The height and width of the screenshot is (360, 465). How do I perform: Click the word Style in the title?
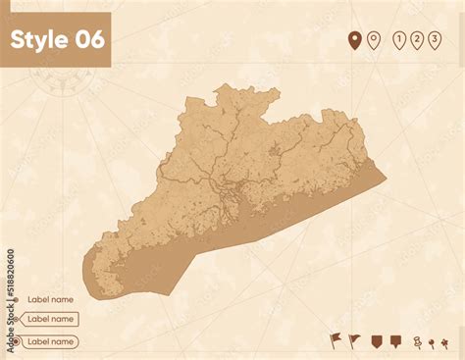(38, 39)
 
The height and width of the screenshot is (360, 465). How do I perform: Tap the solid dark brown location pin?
(355, 40)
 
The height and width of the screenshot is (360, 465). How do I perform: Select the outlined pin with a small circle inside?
(373, 40)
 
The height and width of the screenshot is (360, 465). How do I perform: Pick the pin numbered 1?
(399, 40)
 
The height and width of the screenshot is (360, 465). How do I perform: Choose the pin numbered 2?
(417, 40)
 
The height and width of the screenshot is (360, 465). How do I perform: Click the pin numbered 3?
(435, 40)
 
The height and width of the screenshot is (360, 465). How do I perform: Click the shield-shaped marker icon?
(376, 340)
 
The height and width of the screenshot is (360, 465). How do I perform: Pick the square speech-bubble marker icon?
(395, 340)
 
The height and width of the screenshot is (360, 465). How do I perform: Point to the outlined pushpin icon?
(417, 341)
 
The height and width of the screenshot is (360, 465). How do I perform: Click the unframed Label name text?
(50, 299)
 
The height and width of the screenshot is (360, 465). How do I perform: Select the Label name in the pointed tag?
(50, 319)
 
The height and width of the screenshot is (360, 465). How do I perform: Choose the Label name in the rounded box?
(50, 341)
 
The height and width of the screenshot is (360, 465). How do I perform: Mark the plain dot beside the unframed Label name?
(13, 299)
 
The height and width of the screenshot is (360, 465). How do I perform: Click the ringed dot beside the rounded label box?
(13, 341)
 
